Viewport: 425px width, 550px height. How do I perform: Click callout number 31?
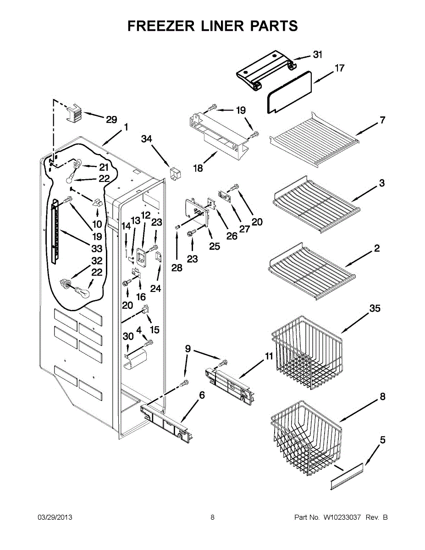[317, 55]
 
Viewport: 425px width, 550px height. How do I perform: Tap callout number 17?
[339, 68]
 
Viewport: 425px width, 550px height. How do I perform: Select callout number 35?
[375, 309]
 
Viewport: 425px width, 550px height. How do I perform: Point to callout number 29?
[111, 120]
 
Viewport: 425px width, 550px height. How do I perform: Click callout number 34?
[146, 139]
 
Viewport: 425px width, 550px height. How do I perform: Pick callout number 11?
[269, 356]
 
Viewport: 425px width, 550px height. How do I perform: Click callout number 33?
[97, 249]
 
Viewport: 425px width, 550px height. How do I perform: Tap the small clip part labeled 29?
[74, 112]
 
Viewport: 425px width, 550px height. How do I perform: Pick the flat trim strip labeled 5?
[346, 477]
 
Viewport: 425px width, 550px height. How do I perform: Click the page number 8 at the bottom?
[212, 517]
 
